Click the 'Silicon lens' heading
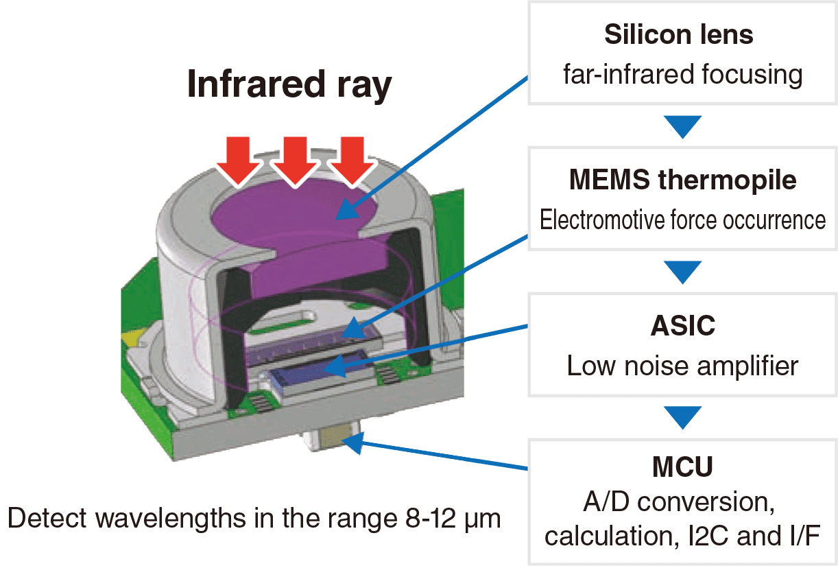click(678, 35)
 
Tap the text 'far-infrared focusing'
click(682, 74)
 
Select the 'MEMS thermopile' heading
click(682, 180)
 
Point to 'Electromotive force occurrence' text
click(682, 220)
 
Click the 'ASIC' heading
click(682, 326)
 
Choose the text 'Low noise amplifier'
click(682, 366)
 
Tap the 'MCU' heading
click(682, 467)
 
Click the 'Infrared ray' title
click(289, 86)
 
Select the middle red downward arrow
click(294, 160)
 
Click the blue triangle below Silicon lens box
click(682, 126)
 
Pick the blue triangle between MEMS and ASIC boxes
click(682, 271)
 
